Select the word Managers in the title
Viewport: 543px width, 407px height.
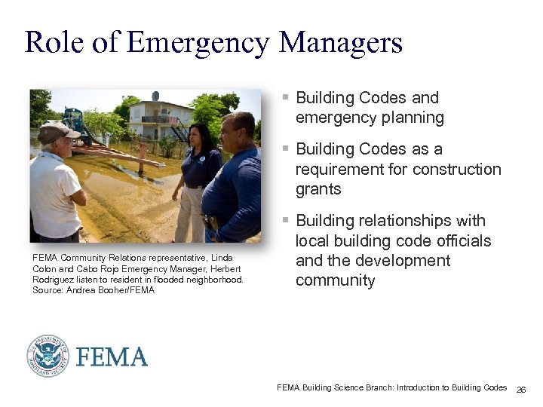pos(341,42)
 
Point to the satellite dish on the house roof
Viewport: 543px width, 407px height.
pos(156,96)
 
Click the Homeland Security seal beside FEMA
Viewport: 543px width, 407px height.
pos(48,356)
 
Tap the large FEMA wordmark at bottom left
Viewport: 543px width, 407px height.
pos(112,357)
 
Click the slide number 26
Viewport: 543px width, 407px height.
pos(521,389)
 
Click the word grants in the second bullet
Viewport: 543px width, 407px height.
pos(318,189)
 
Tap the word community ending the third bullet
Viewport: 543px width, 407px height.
pos(335,280)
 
